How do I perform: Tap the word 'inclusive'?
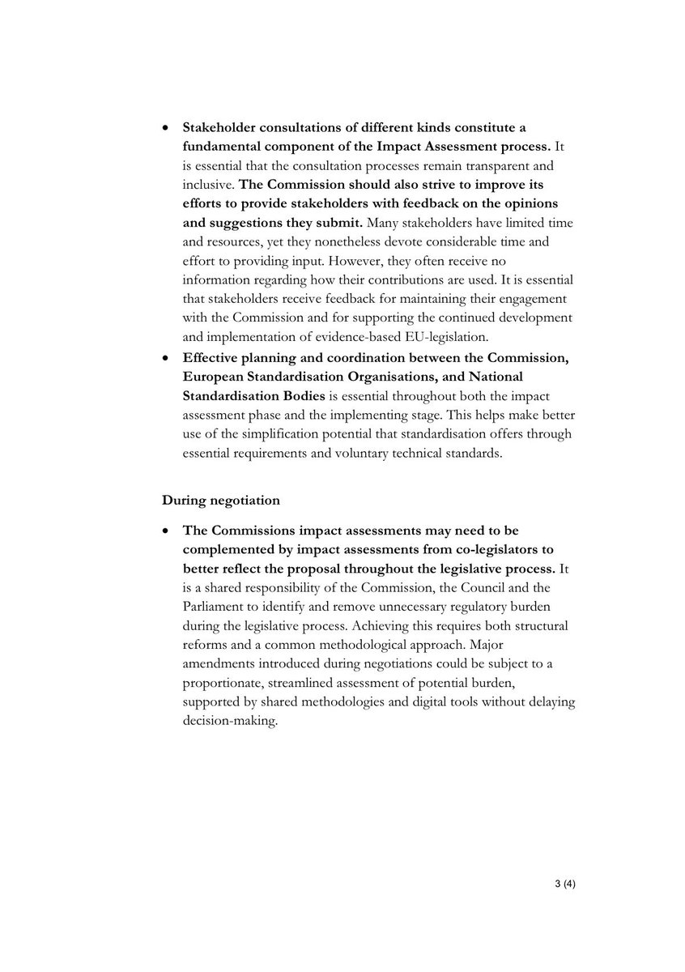pyautogui.click(x=207, y=184)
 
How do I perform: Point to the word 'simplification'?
pyautogui.click(x=273, y=433)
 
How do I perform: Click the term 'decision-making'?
pyautogui.click(x=230, y=719)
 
